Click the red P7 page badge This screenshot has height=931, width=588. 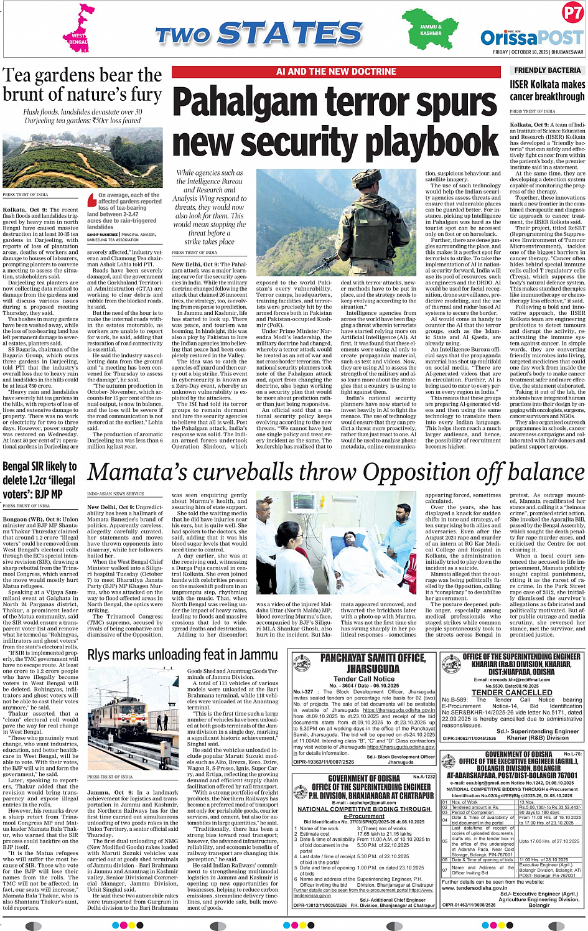572,13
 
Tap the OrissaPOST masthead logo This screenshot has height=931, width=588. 532,37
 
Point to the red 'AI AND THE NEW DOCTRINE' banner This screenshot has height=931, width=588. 336,72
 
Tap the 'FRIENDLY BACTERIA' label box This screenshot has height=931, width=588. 548,70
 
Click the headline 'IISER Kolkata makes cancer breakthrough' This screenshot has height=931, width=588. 548,91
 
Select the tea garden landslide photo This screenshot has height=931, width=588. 82,158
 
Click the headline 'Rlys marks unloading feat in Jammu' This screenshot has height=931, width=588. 182,655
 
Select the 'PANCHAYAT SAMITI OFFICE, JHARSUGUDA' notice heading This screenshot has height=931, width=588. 364,663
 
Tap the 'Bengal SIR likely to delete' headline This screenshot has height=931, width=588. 40,480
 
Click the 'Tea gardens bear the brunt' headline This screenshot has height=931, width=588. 82,85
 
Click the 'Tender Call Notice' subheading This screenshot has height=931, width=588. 364,678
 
